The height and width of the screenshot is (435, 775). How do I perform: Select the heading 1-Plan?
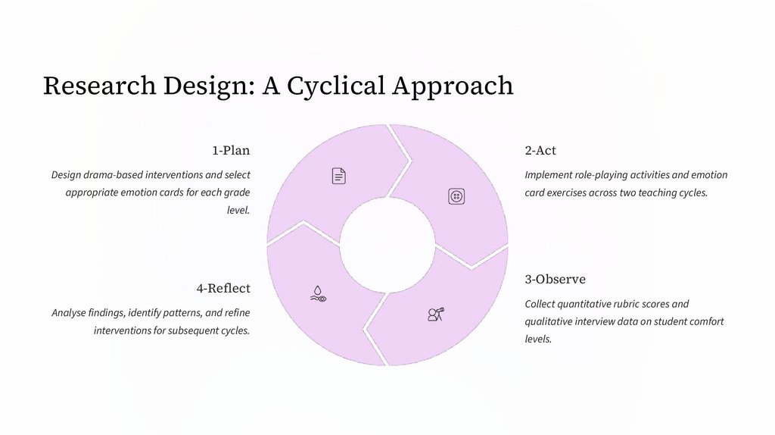tap(231, 150)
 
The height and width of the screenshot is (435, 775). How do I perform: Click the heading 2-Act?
tap(540, 150)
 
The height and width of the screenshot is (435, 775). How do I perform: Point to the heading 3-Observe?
tap(555, 279)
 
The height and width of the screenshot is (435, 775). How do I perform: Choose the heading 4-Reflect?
tap(223, 288)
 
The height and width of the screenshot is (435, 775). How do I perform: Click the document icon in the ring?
tap(339, 176)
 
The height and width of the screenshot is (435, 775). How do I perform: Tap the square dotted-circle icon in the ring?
tap(456, 196)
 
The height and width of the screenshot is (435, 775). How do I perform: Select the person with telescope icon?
tap(435, 314)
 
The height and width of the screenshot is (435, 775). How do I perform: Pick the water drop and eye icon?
tap(318, 293)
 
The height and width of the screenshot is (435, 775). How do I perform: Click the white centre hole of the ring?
tap(387, 245)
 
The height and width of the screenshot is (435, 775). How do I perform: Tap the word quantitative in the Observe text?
tap(594, 304)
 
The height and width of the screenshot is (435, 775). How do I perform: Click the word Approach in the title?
tap(453, 86)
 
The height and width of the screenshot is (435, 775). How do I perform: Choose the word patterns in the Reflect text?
tap(184, 312)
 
